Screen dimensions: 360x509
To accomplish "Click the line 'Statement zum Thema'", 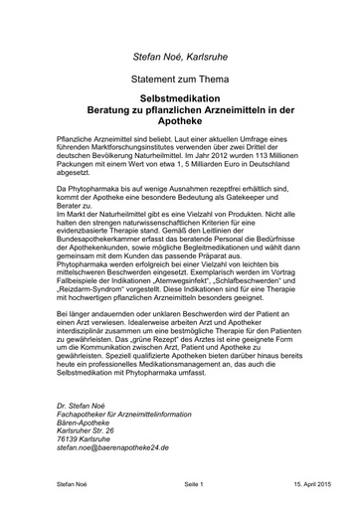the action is pos(181,76).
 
